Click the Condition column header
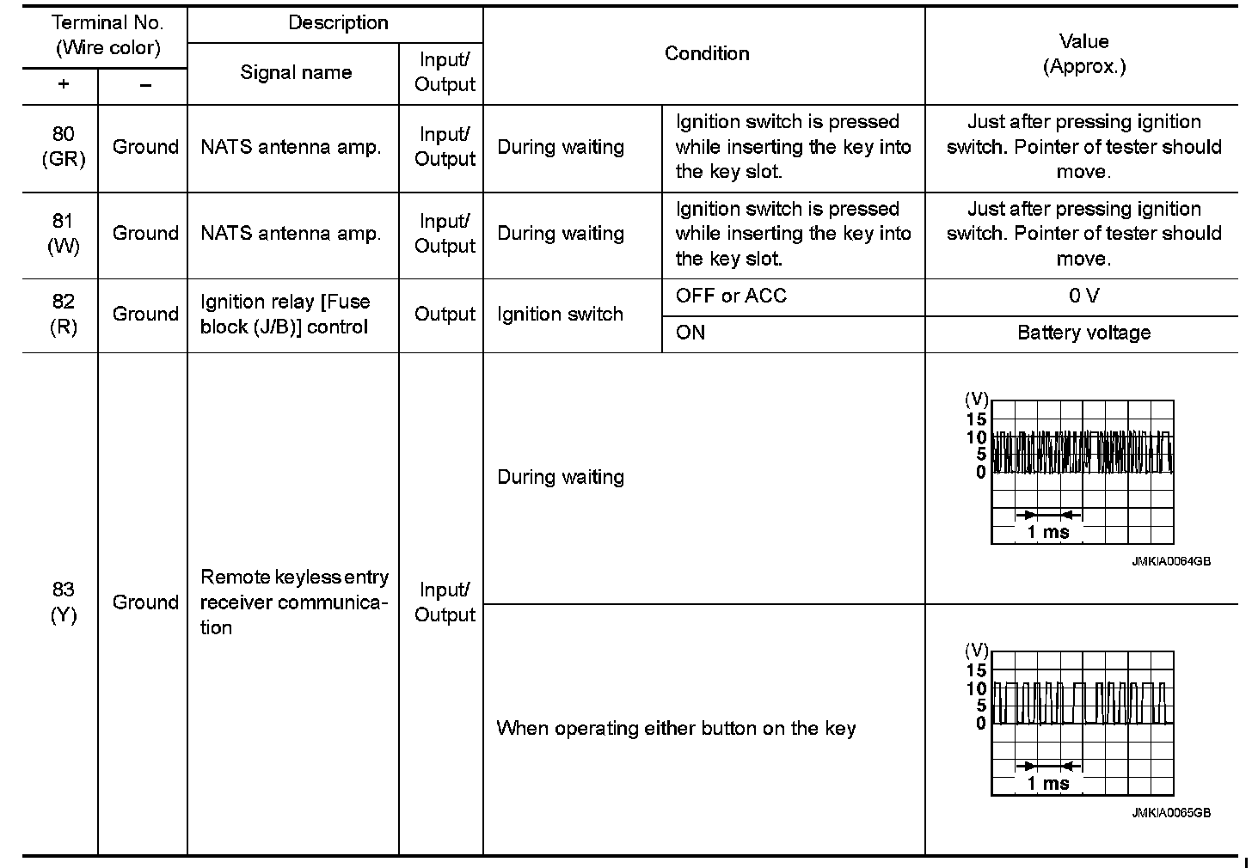[707, 54]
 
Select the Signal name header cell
[295, 73]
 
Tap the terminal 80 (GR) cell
[63, 147]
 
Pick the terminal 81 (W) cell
[63, 234]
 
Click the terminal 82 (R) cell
[63, 315]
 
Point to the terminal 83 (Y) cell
[63, 602]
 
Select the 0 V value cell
[1083, 296]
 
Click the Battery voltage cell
[1083, 333]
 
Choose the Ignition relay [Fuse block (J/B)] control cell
[285, 315]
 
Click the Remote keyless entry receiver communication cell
[294, 602]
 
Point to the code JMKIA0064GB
[1171, 561]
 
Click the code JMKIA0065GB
[1171, 813]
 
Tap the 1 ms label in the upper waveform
[1048, 532]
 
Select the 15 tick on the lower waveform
[976, 670]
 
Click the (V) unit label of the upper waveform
[977, 399]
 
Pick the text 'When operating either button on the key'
[676, 729]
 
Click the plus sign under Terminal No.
[63, 85]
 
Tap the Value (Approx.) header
[1083, 54]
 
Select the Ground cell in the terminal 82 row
[145, 315]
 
